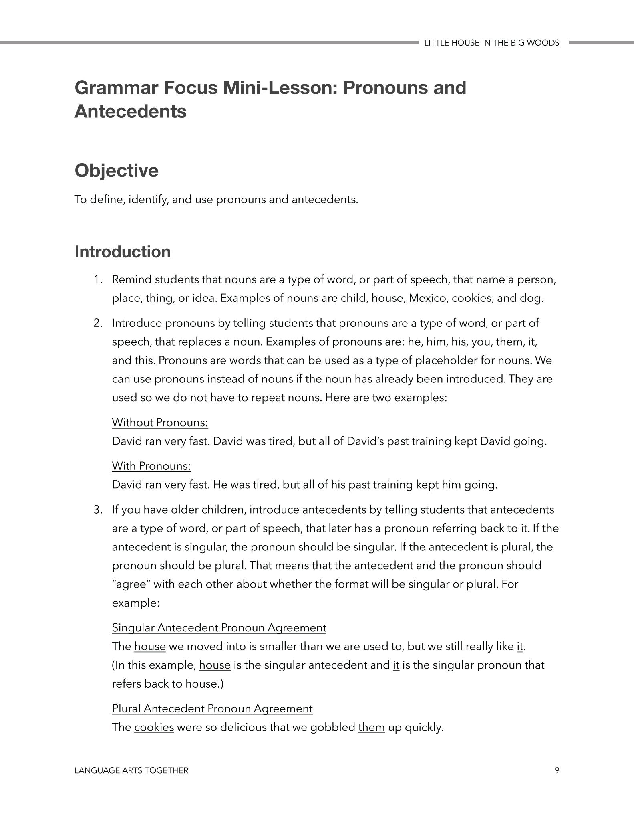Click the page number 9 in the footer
pyautogui.click(x=557, y=770)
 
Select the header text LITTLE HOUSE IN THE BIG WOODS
pyautogui.click(x=491, y=43)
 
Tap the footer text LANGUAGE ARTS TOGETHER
pyautogui.click(x=131, y=770)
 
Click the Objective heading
pyautogui.click(x=117, y=170)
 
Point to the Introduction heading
pyautogui.click(x=123, y=252)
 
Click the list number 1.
pyautogui.click(x=98, y=279)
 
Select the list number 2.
pyautogui.click(x=98, y=323)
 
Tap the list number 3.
pyautogui.click(x=98, y=510)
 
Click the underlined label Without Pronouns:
pyautogui.click(x=160, y=423)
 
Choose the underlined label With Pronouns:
pyautogui.click(x=151, y=466)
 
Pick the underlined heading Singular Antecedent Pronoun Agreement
pyautogui.click(x=219, y=628)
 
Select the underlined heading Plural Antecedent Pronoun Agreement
pyautogui.click(x=212, y=709)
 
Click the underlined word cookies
pyautogui.click(x=154, y=727)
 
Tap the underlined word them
pyautogui.click(x=371, y=727)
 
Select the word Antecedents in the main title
pyautogui.click(x=131, y=111)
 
